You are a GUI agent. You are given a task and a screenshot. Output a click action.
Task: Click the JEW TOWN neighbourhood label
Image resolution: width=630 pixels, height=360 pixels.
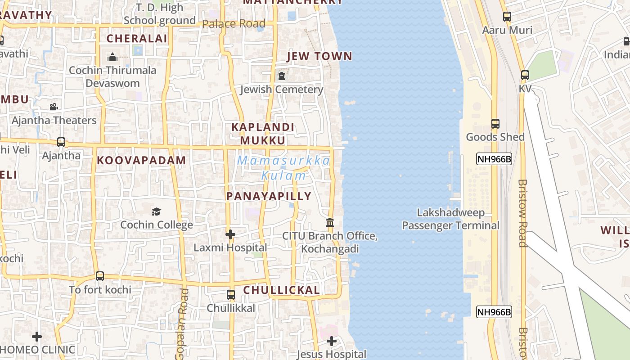coord(319,56)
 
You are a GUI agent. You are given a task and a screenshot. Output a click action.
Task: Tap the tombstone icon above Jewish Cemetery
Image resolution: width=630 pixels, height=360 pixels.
coord(282,76)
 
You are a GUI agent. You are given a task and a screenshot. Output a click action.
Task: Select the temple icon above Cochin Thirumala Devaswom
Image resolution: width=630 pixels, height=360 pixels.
coord(112,57)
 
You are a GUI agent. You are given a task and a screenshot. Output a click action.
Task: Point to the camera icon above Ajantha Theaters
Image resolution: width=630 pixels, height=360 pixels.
coord(54,107)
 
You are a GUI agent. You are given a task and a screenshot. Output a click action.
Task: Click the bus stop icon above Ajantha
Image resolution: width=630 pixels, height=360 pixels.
coord(61,142)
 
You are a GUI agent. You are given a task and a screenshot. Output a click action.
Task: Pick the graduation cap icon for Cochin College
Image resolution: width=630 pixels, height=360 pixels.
coord(156,211)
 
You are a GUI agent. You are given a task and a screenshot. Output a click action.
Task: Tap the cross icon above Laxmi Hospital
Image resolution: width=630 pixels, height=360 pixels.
coord(230,234)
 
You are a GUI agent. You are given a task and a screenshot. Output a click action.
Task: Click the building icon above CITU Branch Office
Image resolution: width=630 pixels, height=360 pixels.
coord(330,223)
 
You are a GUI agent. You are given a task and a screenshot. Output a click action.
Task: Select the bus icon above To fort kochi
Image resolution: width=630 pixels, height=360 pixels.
coord(100,276)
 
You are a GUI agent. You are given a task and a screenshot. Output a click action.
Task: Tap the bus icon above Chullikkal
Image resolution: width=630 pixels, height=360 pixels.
coord(231,295)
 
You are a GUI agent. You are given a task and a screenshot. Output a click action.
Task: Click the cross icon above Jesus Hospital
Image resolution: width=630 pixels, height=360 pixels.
coord(332,341)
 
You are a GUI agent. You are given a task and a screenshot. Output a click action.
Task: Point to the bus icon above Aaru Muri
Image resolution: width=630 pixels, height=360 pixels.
coord(507,17)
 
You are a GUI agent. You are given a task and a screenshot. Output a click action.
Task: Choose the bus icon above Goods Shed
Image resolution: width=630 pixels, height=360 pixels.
coord(495,123)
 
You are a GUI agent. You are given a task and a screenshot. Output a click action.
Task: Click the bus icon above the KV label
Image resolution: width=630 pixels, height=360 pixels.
coord(525,75)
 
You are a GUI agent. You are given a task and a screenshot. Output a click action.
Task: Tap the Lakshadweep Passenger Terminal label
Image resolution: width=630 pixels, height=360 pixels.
coord(450,219)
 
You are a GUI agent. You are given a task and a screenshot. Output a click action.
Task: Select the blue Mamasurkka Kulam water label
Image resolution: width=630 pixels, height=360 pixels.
coord(284,168)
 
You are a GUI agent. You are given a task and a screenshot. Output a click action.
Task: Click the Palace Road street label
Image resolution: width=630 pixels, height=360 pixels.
coord(234,24)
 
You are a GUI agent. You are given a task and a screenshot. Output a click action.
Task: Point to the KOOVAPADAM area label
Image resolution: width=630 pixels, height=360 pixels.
coord(141,161)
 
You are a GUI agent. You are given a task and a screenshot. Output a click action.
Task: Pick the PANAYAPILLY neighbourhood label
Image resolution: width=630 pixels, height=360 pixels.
coord(269,196)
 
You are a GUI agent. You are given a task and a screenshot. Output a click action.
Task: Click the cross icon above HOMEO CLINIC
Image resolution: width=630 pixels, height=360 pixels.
coord(37,336)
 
